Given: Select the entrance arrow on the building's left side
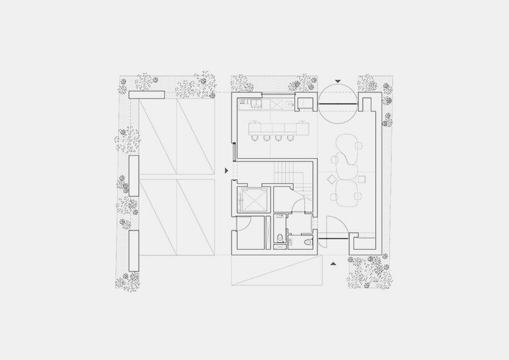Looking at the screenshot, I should click(x=227, y=170).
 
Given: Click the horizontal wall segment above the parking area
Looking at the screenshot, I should click(x=147, y=95).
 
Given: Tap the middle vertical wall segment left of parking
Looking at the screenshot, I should click(x=133, y=176).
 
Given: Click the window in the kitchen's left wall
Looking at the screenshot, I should click(x=234, y=151).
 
